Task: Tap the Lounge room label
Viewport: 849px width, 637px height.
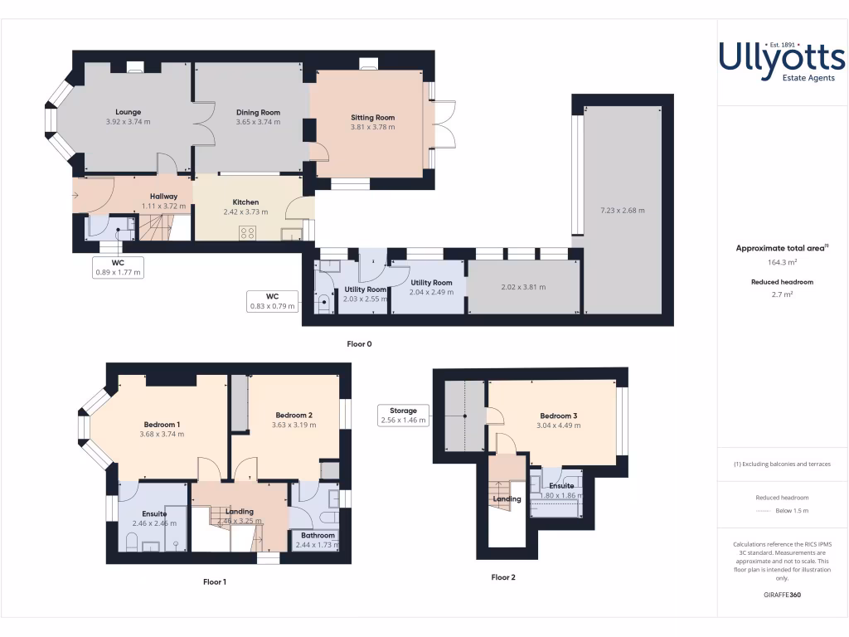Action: pyautogui.click(x=128, y=112)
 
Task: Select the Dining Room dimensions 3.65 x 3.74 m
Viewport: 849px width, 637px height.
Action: pyautogui.click(x=258, y=122)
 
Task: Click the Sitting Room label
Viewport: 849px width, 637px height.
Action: pyautogui.click(x=372, y=118)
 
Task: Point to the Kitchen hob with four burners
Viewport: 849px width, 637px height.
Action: pyautogui.click(x=247, y=233)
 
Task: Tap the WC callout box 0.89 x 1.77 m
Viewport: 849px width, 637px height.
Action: pyautogui.click(x=117, y=267)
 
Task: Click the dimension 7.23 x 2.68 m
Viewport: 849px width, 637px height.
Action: pyautogui.click(x=622, y=210)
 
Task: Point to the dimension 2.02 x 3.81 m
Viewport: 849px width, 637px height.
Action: pyautogui.click(x=523, y=287)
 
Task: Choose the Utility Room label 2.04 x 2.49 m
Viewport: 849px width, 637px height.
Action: pyautogui.click(x=431, y=283)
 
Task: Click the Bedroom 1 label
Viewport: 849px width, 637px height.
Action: pyautogui.click(x=162, y=425)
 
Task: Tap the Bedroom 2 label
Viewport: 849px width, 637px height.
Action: pyautogui.click(x=294, y=416)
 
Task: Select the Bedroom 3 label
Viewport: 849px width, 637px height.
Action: pyautogui.click(x=558, y=416)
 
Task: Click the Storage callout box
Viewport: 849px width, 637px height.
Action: pyautogui.click(x=403, y=415)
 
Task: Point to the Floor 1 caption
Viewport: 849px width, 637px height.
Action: pyautogui.click(x=214, y=582)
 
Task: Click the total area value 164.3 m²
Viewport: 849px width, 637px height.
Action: pyautogui.click(x=782, y=262)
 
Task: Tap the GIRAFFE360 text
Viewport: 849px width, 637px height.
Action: pyautogui.click(x=782, y=595)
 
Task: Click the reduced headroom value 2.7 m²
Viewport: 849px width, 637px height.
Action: pyautogui.click(x=782, y=294)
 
